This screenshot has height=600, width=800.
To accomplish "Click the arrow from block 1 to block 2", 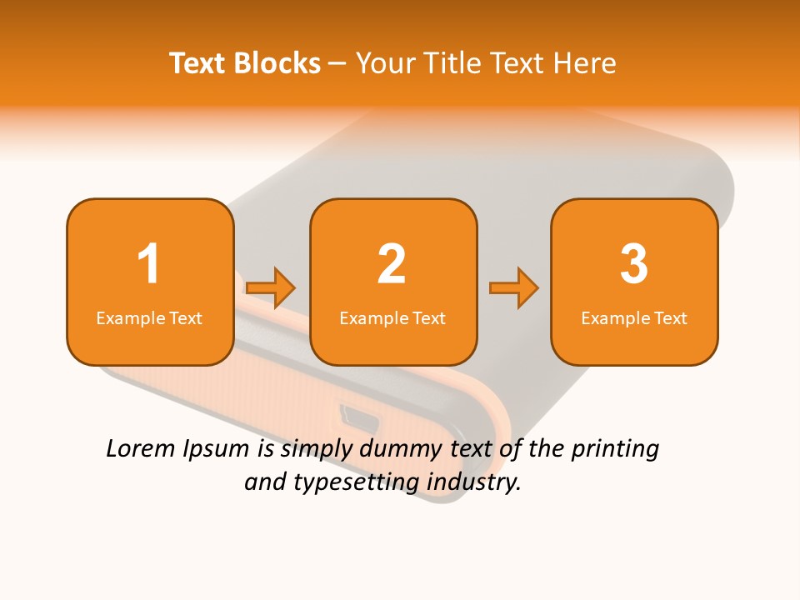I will [x=271, y=288].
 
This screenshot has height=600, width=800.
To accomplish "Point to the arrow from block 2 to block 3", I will [x=514, y=288].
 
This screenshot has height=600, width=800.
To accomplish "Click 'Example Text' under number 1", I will [x=149, y=318].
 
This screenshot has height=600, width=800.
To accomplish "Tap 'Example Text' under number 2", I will [x=392, y=318].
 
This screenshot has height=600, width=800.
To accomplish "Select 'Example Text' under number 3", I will [x=634, y=318].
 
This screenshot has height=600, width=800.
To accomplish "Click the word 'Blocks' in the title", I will [x=277, y=63].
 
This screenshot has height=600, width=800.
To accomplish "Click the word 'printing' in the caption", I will [x=616, y=450].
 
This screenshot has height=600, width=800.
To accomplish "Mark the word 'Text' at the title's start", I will [x=197, y=63].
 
